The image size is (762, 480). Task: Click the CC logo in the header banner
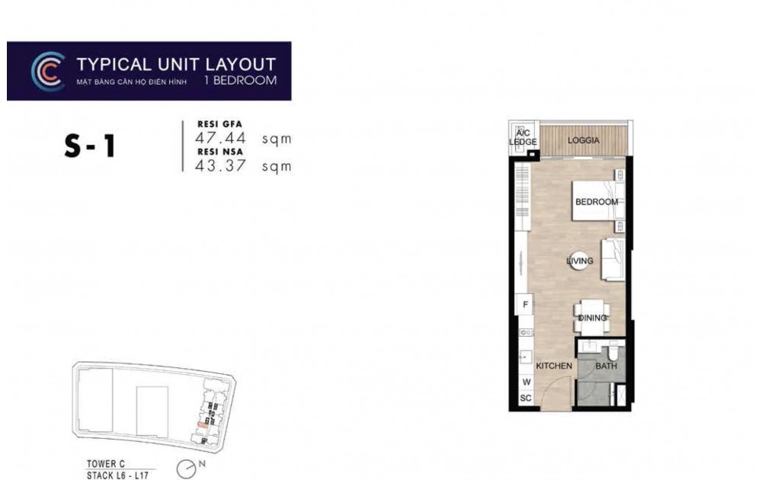click(47, 71)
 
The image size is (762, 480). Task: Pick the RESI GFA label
click(215, 124)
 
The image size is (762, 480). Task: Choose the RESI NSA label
click(215, 151)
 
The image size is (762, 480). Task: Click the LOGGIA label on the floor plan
click(584, 141)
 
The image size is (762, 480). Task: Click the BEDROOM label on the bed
click(596, 202)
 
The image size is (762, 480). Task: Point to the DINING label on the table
click(592, 318)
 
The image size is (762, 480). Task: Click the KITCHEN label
click(554, 366)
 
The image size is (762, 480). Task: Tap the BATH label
click(606, 366)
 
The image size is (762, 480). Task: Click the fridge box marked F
click(525, 306)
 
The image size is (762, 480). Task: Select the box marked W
click(525, 382)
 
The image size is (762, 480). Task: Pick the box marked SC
click(525, 398)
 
